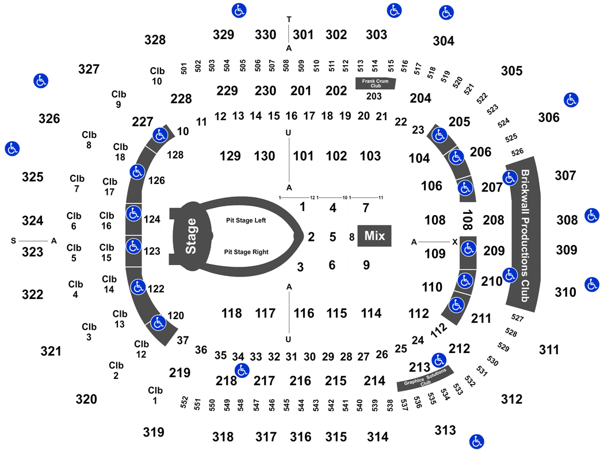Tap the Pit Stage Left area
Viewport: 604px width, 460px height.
246,220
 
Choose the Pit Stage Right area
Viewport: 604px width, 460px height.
246,251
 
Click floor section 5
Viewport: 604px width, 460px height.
332,236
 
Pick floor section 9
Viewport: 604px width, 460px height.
366,265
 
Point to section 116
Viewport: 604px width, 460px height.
304,313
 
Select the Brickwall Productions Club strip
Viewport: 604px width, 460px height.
524,236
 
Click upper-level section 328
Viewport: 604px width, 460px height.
155,40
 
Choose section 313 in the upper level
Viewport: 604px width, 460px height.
445,430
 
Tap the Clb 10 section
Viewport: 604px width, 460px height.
157,75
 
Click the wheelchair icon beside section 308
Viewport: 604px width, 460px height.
591,216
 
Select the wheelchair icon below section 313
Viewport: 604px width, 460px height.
476,442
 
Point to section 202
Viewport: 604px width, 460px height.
336,91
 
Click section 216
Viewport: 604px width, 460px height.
300,381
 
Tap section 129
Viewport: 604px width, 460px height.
230,156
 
